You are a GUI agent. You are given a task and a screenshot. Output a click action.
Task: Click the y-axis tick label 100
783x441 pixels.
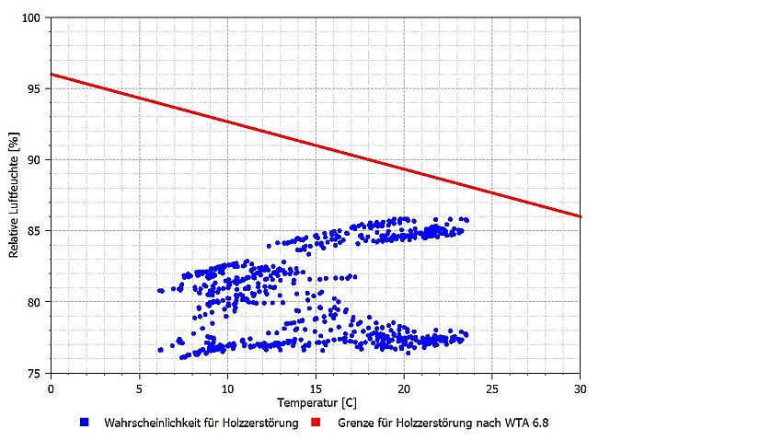click(33, 18)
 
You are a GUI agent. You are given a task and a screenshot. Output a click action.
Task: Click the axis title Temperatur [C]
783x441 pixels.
click(316, 403)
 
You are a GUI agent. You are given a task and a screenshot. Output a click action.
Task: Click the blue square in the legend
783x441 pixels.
click(84, 423)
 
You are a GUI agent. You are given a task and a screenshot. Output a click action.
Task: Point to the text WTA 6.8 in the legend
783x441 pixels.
click(529, 424)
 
